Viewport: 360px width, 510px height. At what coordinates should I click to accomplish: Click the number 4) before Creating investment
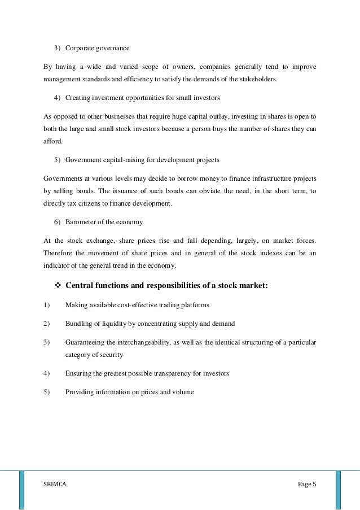(x=58, y=98)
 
